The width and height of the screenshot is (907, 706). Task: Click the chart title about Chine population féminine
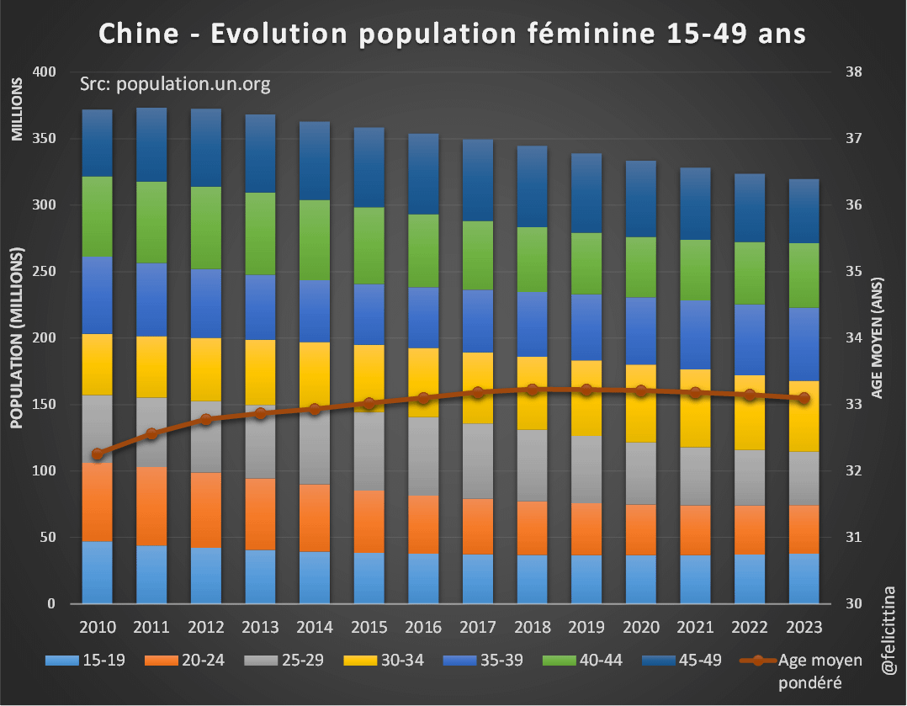coord(453,33)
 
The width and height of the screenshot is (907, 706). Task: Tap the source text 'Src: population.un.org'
coord(174,84)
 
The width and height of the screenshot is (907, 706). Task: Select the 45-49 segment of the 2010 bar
coord(98,143)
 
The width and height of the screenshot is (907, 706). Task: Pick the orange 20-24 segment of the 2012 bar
coord(206,510)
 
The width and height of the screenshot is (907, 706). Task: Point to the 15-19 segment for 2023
coord(804,578)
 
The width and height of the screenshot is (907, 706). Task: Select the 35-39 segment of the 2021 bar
coord(694,335)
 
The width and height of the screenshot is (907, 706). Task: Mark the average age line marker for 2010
coord(98,454)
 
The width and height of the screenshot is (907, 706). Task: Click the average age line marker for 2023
coord(804,398)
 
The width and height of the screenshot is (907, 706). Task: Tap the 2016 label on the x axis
coord(423,627)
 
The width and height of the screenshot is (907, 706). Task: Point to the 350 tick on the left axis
coord(43,138)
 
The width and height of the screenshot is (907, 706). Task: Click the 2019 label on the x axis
coord(586,627)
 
